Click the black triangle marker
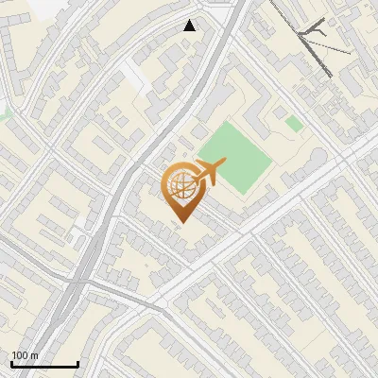click(190, 25)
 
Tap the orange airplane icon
click(209, 172)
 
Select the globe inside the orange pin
click(181, 185)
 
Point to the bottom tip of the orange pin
click(181, 221)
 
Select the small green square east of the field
click(295, 124)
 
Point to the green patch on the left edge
click(4, 113)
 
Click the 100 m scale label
click(25, 355)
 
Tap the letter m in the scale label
click(34, 355)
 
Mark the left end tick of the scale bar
click(11, 363)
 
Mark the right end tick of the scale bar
click(77, 363)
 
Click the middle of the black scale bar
click(44, 365)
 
